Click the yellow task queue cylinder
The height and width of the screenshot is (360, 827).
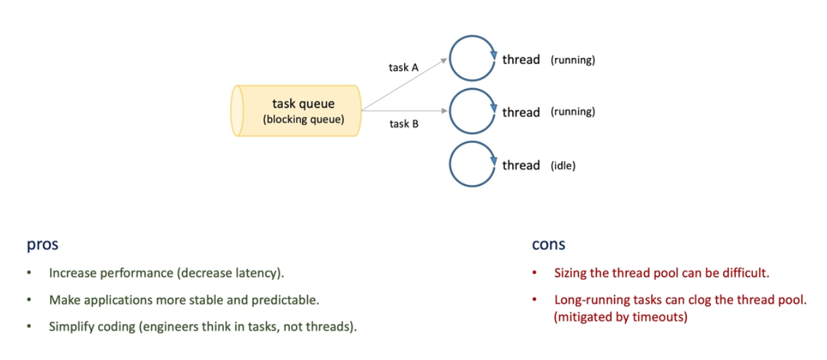click(x=298, y=111)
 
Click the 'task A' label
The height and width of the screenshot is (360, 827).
click(x=403, y=67)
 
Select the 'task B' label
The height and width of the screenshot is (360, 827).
click(x=403, y=124)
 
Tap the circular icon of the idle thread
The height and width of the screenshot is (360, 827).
click(x=471, y=164)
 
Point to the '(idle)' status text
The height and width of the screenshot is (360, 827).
click(x=562, y=166)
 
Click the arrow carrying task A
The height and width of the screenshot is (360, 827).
click(x=404, y=84)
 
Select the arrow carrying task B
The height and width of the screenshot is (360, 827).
click(x=404, y=110)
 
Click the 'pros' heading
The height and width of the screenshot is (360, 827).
click(x=42, y=244)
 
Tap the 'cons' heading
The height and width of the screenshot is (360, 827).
click(x=548, y=244)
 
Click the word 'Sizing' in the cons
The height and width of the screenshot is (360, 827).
click(x=569, y=273)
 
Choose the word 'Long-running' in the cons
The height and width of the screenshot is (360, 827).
click(x=587, y=300)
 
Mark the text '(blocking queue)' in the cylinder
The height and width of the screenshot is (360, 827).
click(x=303, y=120)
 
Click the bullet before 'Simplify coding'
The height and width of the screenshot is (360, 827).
click(x=29, y=328)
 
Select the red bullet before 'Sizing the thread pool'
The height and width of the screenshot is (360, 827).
click(x=534, y=273)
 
